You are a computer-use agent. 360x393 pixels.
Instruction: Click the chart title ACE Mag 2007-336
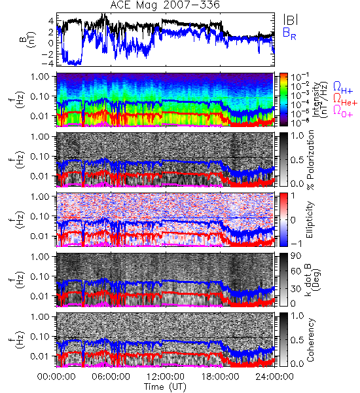click(165, 5)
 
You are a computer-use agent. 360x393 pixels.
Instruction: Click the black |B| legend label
click(291, 20)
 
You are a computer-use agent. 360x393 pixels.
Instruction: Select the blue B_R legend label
click(289, 33)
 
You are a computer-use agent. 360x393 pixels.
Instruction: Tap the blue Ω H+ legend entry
click(343, 88)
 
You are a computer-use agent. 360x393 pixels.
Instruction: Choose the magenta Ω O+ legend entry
click(343, 112)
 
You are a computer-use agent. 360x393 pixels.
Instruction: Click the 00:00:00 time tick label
click(56, 377)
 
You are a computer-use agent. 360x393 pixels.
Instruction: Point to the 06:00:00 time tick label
click(111, 377)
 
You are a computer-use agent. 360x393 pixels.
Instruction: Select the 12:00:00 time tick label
click(166, 377)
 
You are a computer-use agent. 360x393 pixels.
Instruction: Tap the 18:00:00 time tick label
click(220, 377)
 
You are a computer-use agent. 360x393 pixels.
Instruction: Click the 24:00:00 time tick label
click(274, 377)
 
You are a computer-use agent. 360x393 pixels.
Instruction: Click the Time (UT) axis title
click(165, 387)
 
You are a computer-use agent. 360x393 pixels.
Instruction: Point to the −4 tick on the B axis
click(48, 64)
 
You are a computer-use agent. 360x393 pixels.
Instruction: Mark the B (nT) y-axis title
click(28, 39)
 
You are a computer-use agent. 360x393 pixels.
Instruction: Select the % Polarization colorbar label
click(310, 160)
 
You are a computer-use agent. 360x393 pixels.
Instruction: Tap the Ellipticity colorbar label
click(310, 219)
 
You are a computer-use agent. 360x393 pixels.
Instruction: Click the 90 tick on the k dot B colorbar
click(295, 256)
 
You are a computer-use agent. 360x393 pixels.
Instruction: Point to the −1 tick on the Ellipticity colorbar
click(296, 244)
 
